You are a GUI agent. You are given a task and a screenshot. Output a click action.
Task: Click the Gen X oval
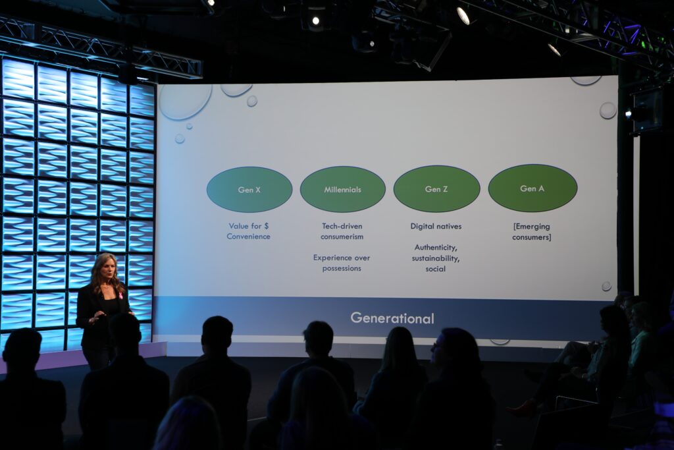click(x=249, y=189)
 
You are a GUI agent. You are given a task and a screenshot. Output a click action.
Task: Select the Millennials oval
click(x=342, y=189)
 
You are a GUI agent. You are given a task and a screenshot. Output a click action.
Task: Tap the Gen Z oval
click(x=436, y=188)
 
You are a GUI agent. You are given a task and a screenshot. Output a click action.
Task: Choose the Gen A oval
click(x=532, y=188)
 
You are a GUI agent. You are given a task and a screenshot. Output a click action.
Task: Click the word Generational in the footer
click(x=392, y=318)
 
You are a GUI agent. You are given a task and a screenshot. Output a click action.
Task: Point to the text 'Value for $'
click(x=248, y=226)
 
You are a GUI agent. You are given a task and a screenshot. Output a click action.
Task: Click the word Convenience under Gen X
click(x=248, y=237)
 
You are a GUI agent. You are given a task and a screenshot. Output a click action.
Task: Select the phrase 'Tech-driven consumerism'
click(x=342, y=231)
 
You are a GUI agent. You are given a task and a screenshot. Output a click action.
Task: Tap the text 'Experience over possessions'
click(x=342, y=263)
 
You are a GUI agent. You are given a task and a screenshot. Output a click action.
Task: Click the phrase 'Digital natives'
click(x=436, y=226)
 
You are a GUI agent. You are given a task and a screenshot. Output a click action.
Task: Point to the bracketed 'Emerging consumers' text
click(x=532, y=231)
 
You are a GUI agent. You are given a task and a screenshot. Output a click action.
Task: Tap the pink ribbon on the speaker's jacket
click(x=120, y=295)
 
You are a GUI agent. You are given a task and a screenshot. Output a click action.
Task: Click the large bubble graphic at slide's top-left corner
click(x=185, y=101)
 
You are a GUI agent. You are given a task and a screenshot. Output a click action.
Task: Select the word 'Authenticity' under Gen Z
click(x=436, y=248)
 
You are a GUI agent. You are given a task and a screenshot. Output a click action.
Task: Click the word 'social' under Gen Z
click(x=436, y=269)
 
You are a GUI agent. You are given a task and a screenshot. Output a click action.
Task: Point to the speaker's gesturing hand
click(x=97, y=318)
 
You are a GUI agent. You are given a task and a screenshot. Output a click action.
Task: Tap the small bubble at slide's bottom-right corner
click(x=606, y=286)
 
